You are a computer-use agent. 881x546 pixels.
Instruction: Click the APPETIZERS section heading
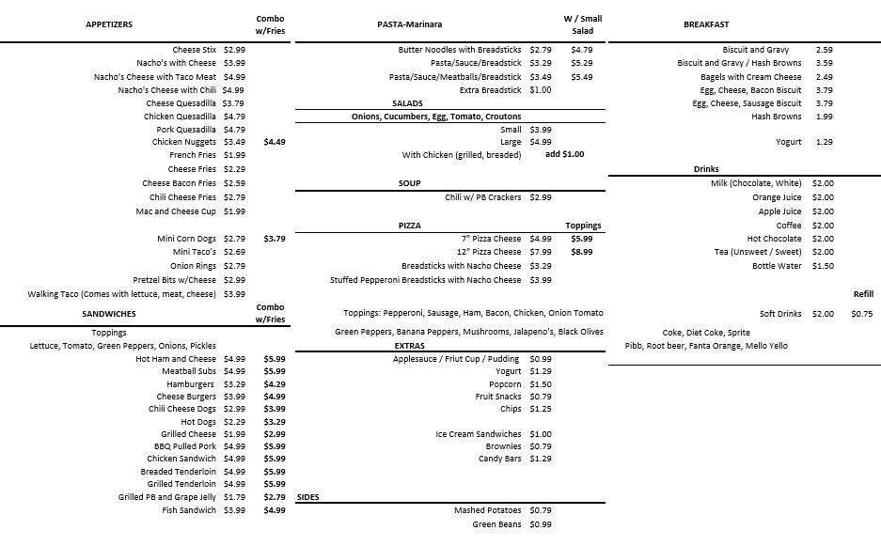[x=109, y=24]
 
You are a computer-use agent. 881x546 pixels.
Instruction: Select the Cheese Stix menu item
[x=194, y=50]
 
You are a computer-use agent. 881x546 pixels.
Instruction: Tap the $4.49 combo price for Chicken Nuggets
[x=275, y=142]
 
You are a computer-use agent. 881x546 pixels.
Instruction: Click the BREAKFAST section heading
[x=706, y=24]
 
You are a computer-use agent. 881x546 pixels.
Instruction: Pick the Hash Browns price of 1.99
[x=825, y=117]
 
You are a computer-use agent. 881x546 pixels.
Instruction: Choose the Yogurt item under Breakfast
[x=789, y=142]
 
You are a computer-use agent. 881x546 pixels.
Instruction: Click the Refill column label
[x=863, y=294]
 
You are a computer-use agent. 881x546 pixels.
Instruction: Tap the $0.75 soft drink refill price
[x=861, y=314]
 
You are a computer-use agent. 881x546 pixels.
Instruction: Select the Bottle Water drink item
[x=777, y=266]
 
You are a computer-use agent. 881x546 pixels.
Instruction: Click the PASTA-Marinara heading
[x=409, y=24]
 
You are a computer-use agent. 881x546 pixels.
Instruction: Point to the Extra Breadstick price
[x=540, y=90]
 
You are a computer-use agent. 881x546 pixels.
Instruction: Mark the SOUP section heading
[x=409, y=183]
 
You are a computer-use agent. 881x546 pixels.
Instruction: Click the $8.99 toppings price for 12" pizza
[x=581, y=252]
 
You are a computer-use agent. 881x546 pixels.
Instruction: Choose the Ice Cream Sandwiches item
[x=479, y=434]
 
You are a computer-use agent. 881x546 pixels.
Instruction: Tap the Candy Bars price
[x=540, y=459]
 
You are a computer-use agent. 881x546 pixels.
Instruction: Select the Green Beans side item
[x=496, y=524]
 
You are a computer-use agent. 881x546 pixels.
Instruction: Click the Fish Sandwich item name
[x=189, y=510]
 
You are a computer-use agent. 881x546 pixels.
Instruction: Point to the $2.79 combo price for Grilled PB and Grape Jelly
[x=275, y=497]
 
